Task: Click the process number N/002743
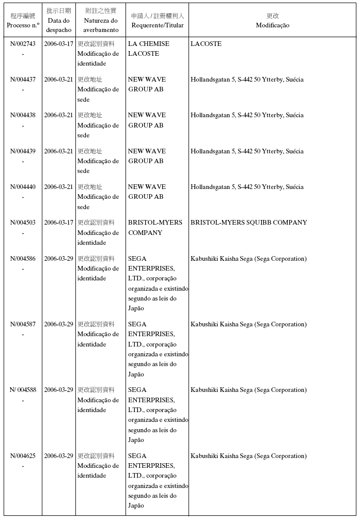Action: (x=23, y=44)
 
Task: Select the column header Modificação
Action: (x=272, y=25)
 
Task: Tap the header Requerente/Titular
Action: (x=157, y=25)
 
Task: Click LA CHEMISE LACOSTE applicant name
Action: (x=148, y=49)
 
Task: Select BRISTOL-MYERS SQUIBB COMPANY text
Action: (x=248, y=223)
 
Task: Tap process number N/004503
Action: (x=23, y=223)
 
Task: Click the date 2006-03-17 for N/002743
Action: (x=58, y=44)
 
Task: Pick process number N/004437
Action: (x=23, y=80)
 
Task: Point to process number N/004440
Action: (x=23, y=187)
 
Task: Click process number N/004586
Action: (x=23, y=259)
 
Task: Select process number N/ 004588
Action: (x=23, y=390)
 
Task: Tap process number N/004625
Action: (x=23, y=456)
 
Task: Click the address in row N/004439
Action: (x=247, y=151)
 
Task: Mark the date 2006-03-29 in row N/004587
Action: (x=58, y=324)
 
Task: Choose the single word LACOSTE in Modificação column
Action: (x=206, y=44)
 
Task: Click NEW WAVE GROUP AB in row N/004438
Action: (x=147, y=120)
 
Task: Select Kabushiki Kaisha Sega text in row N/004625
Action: (x=248, y=456)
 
